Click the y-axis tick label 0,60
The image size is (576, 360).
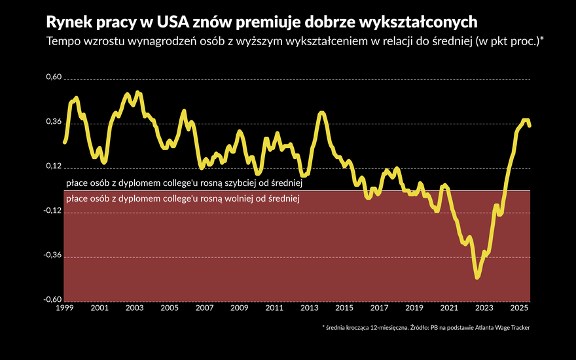point(52,78)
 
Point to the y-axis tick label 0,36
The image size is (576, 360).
point(52,122)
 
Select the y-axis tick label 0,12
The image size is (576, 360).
point(52,167)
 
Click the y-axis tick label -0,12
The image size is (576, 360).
point(52,211)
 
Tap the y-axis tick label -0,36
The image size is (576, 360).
point(52,256)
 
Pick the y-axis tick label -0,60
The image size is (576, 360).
point(52,300)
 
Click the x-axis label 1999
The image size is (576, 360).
point(64,308)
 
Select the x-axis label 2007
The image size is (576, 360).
point(204,308)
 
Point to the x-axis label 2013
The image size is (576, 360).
point(309,308)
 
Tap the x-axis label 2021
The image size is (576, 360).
point(449,308)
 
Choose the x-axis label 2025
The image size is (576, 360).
point(518,308)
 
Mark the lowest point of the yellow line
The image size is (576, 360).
point(477,278)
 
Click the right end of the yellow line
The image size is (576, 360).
point(529,126)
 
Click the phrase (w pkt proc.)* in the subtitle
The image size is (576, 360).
point(510,41)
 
